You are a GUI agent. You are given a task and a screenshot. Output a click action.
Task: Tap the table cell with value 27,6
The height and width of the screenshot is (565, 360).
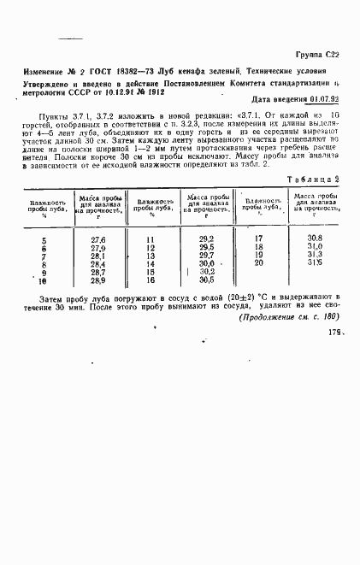97,238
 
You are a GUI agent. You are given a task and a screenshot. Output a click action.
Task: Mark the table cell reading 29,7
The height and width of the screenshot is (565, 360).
205,255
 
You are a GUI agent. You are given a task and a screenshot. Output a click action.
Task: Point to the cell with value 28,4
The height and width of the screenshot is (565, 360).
97,263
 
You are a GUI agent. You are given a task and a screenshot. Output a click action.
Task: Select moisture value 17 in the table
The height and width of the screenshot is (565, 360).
260,238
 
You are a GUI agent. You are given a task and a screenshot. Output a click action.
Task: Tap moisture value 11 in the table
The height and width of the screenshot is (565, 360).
150,239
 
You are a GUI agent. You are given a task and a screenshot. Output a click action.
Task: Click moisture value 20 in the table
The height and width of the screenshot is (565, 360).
260,262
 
